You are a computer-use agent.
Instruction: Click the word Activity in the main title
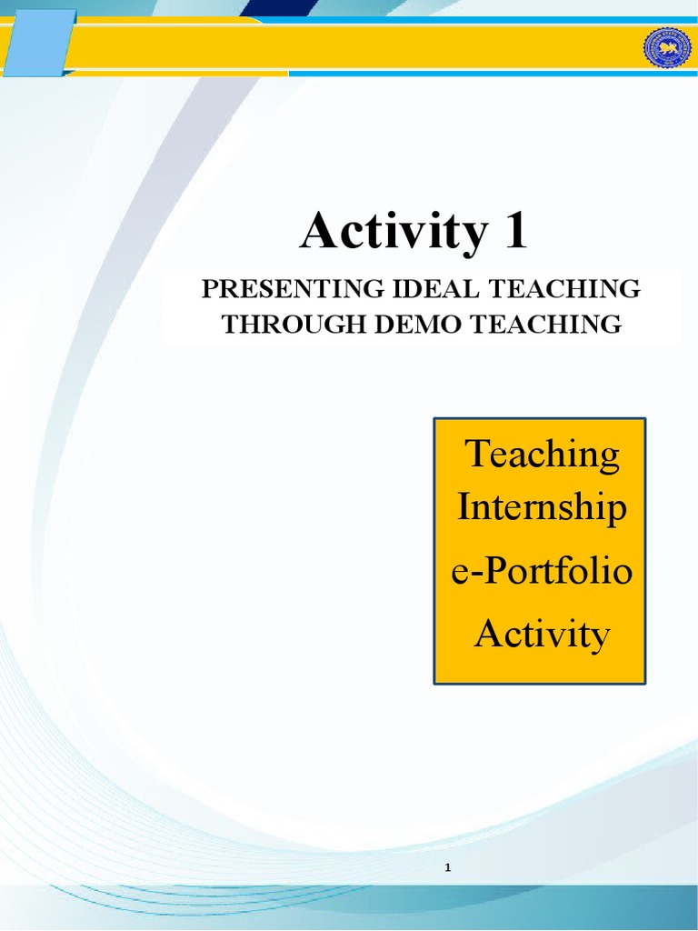coord(394,231)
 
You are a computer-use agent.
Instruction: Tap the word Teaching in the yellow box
coord(543,453)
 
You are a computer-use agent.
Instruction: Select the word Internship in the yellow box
coord(542,506)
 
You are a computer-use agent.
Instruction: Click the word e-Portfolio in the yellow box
coord(542,575)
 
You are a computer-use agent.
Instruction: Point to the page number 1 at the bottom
coord(448,868)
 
